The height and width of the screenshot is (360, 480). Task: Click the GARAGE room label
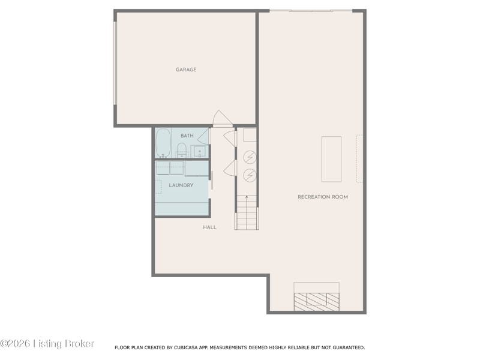186,70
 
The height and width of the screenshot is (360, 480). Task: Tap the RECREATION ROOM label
323,197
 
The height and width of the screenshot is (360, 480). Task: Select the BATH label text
187,136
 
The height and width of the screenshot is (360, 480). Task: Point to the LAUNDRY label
181,185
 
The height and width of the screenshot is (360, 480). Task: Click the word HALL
209,227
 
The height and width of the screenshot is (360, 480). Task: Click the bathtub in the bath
163,143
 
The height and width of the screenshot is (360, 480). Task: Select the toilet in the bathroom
182,150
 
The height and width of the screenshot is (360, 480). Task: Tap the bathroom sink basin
200,152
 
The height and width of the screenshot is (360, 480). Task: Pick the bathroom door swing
203,136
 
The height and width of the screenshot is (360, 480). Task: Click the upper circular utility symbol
250,157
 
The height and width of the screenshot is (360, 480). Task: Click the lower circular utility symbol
250,175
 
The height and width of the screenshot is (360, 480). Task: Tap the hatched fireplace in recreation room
317,302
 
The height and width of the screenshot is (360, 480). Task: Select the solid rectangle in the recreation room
331,159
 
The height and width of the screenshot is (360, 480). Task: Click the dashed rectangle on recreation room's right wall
359,159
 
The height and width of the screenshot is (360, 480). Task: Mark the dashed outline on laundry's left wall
158,187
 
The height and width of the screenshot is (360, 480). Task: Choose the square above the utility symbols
250,135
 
